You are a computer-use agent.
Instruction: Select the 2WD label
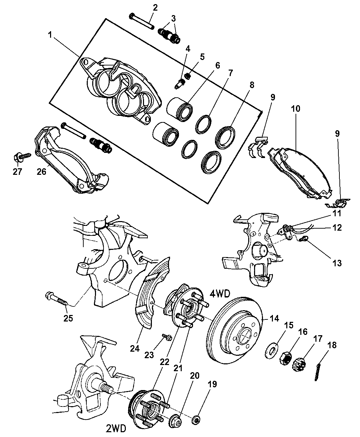click(x=115, y=428)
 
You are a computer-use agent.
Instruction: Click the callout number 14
click(x=274, y=318)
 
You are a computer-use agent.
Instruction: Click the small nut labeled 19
click(x=197, y=419)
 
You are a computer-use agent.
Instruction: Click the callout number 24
click(x=135, y=348)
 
